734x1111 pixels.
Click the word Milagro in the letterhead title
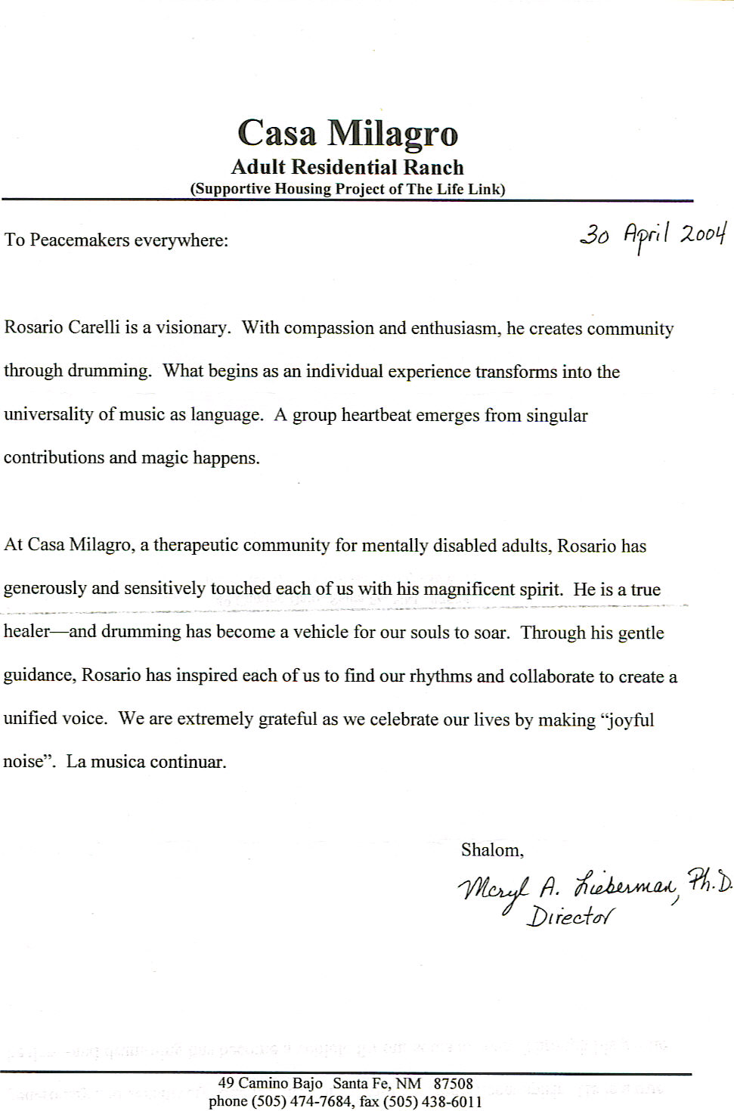(x=392, y=134)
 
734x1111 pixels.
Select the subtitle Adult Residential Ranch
(x=347, y=167)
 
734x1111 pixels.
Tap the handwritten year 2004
(x=703, y=234)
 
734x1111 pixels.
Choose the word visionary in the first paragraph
(x=192, y=328)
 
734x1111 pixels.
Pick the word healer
(x=26, y=632)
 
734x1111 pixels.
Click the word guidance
(x=39, y=676)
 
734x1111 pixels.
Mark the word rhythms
(x=441, y=676)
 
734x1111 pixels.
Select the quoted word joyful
(x=628, y=720)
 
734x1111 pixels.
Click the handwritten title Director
(x=570, y=917)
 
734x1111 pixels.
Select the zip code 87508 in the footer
(x=453, y=1084)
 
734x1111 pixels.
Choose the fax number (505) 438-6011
(x=432, y=1101)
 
